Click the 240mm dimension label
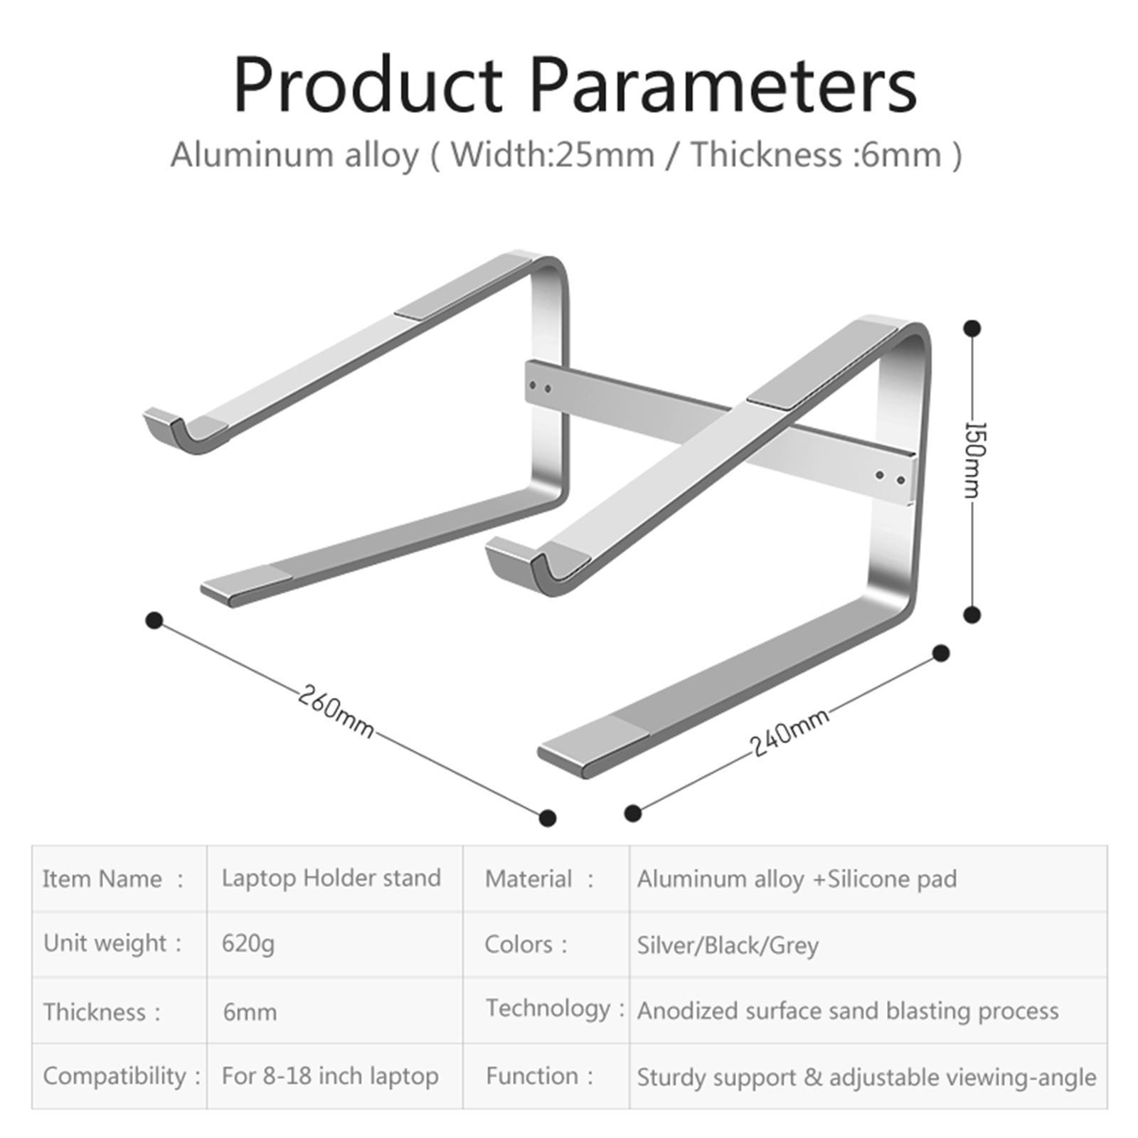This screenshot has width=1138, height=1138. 789,733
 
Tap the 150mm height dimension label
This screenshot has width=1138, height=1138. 974,459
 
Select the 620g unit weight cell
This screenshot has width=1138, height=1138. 248,944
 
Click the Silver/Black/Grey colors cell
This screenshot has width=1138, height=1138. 728,945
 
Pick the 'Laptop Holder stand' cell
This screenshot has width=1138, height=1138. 331,878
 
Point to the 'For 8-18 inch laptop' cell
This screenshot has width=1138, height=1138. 329,1075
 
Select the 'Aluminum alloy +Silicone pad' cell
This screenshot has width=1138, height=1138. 797,879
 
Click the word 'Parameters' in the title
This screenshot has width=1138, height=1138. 722,85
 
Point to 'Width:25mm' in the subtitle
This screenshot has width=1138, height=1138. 552,154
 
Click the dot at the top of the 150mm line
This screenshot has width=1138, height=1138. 972,329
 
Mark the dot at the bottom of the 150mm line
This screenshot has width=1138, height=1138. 972,615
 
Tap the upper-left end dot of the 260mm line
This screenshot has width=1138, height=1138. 154,621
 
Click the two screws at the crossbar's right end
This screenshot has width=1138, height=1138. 890,477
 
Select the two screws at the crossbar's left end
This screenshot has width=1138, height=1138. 540,388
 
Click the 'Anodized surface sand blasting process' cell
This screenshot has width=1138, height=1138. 847,1011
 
